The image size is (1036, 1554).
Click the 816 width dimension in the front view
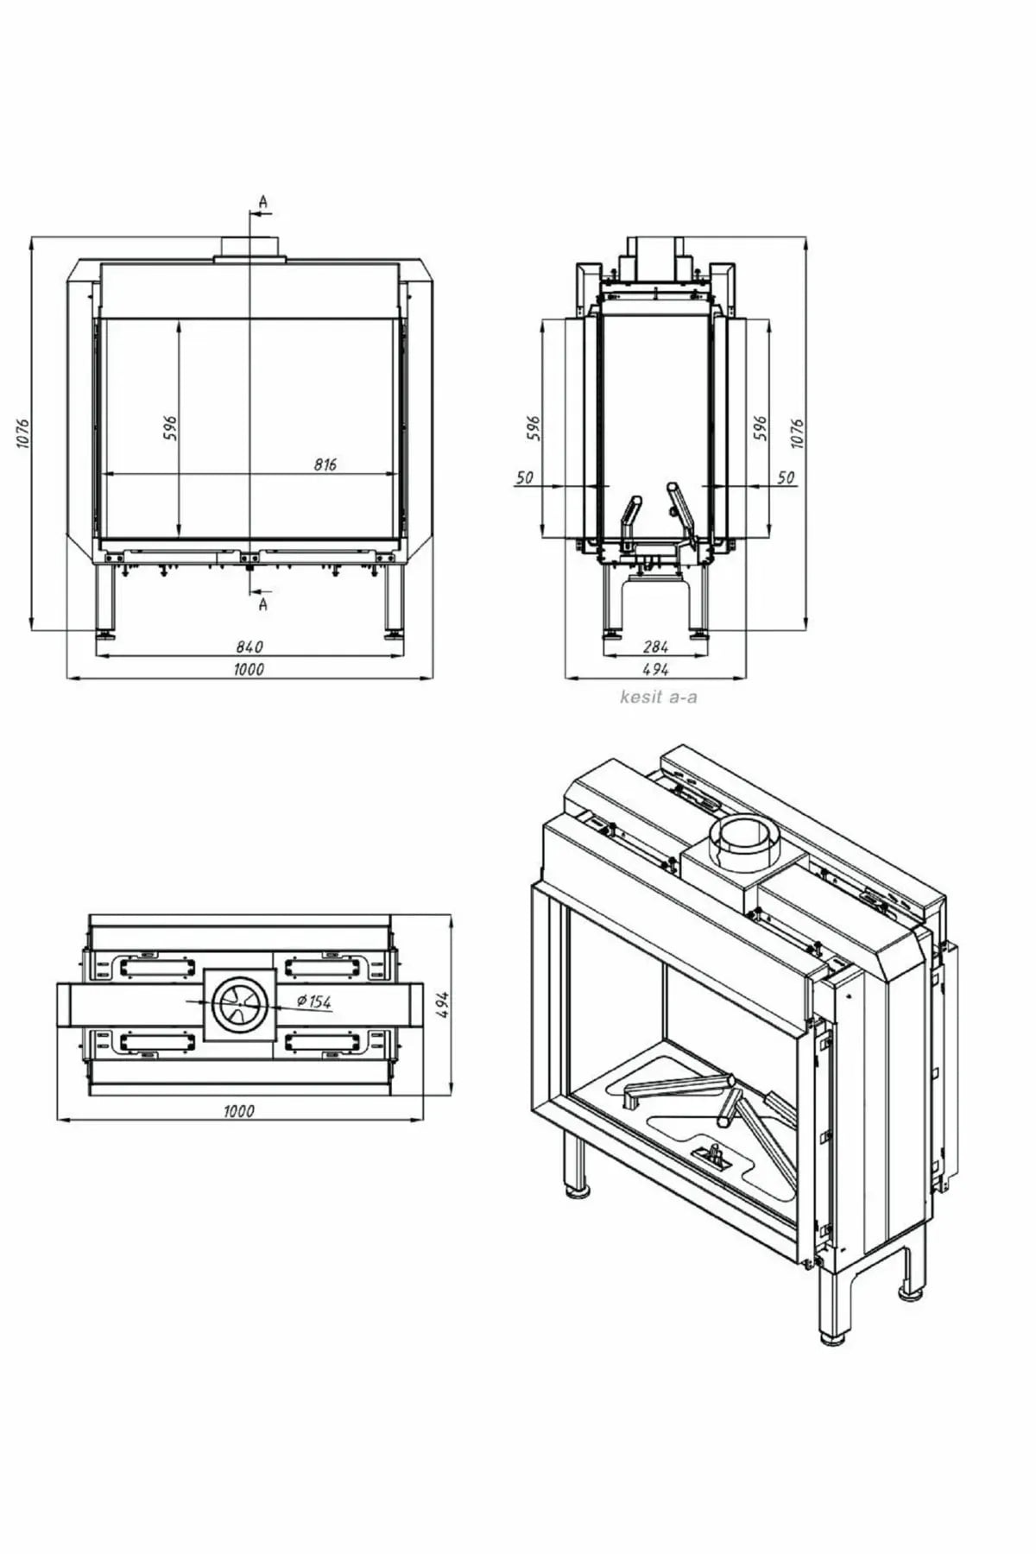coord(325,464)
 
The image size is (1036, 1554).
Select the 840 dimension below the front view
coord(249,647)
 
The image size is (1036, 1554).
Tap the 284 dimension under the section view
coord(657,647)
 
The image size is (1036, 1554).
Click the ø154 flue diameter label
coord(313,1001)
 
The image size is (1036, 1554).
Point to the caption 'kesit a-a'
coord(658,696)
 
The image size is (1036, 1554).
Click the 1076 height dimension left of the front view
coord(23,433)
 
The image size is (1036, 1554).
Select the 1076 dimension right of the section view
coord(797,433)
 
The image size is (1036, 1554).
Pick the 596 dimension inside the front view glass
coord(170,427)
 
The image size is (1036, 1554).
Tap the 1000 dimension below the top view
coord(239,1111)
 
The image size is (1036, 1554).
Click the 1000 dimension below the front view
coord(249,669)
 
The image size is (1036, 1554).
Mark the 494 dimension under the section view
coord(656,669)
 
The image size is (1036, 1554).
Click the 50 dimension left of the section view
coord(525,477)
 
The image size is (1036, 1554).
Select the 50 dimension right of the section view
coord(786,477)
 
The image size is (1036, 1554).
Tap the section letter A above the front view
coord(263,202)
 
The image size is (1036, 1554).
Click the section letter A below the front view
coord(263,604)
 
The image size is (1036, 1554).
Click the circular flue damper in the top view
coord(239,1006)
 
